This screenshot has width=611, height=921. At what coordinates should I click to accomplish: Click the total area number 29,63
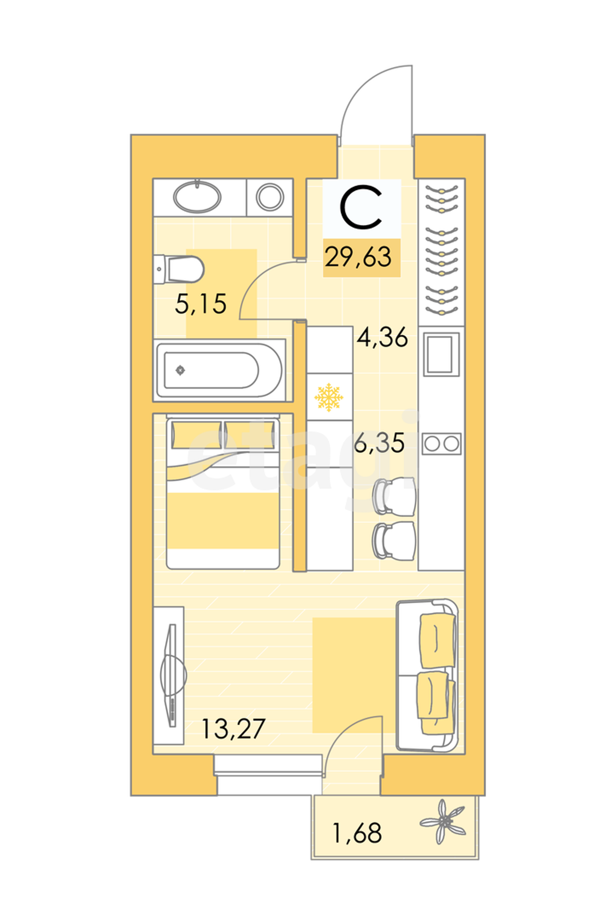coord(358,258)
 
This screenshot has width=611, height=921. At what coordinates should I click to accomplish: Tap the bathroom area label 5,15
coord(200,304)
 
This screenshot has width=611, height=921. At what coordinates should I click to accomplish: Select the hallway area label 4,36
coord(382,337)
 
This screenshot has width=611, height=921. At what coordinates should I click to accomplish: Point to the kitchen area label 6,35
coord(379,443)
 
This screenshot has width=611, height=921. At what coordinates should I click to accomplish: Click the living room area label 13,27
coord(233,729)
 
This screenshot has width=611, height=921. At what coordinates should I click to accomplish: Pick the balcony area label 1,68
coord(357,833)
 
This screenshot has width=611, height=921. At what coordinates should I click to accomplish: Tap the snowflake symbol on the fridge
coord(329,397)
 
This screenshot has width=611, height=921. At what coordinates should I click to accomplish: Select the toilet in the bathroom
coord(179,270)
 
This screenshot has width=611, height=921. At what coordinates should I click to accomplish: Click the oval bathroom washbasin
coord(197,197)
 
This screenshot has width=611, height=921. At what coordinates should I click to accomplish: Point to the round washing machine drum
coord(270,197)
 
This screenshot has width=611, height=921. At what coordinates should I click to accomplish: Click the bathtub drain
coord(180,370)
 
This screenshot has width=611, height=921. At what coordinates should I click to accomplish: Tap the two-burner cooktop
coord(441,444)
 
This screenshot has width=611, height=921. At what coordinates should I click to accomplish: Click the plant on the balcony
coord(444,822)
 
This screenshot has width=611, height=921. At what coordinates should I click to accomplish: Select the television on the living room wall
coord(172,675)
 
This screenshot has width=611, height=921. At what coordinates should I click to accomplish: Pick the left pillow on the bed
coord(196,435)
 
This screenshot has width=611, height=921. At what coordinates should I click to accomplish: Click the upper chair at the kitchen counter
coord(394,496)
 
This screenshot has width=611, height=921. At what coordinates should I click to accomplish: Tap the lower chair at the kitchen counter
coord(394,541)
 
